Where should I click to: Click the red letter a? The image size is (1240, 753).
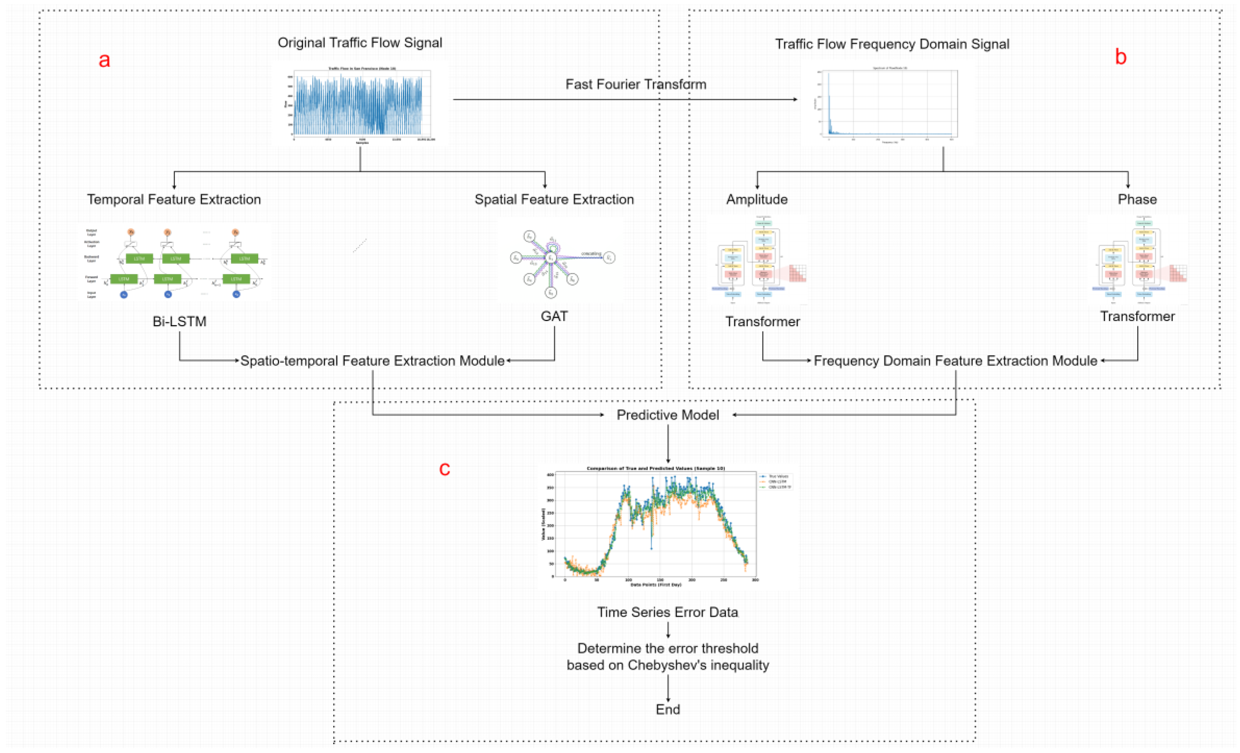[x=104, y=60]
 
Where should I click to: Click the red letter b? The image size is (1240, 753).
[x=1120, y=57]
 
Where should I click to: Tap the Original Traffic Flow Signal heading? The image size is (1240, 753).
[x=360, y=43]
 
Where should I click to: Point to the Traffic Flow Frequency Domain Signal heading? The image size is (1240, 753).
[x=892, y=44]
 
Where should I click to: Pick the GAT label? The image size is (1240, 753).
[x=554, y=316]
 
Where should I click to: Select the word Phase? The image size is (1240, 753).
[x=1137, y=199]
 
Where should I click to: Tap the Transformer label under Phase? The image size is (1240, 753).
[x=1137, y=316]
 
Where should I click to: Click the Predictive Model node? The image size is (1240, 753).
[x=667, y=415]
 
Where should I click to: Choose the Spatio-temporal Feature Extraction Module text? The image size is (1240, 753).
[x=372, y=361]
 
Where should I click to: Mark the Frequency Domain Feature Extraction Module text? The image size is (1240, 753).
[x=955, y=361]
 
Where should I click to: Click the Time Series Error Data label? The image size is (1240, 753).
[x=667, y=612]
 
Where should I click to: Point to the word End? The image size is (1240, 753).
[x=667, y=709]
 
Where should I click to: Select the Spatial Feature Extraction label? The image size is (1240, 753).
[x=554, y=199]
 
